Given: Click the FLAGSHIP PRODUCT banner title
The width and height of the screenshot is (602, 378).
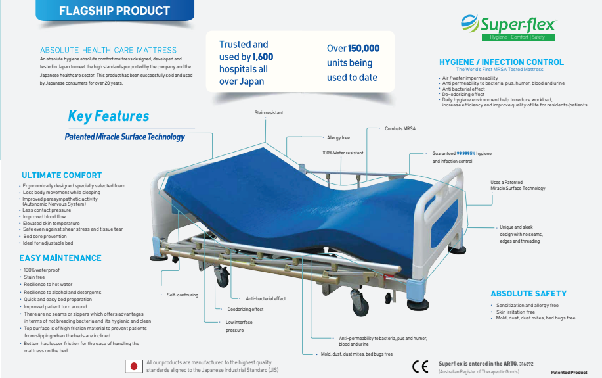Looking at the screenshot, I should pos(114,11).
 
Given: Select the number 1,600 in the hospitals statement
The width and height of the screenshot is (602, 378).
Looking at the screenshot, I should pos(263,57).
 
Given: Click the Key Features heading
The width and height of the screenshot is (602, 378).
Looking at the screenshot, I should pos(108,116).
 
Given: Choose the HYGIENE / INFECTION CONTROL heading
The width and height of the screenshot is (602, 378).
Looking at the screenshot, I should pos(501,62).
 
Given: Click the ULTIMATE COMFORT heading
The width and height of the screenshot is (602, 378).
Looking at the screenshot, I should pos(62,176).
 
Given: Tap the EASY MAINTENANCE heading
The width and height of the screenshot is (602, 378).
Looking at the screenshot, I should pos(60,258).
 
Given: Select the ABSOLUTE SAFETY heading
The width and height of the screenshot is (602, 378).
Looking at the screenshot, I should pos(528,294).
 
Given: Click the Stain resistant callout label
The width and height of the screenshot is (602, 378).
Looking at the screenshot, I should pos(269,113).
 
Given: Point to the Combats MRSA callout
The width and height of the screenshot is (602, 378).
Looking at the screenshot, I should pos(400,128).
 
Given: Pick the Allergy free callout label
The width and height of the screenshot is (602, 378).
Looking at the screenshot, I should pos(338,138).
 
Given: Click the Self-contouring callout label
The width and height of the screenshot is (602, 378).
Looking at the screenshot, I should pos(183,295).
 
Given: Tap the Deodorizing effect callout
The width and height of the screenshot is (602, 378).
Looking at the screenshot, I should pos(246,309).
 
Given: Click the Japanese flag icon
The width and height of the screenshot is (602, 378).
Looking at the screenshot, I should pos(134,366).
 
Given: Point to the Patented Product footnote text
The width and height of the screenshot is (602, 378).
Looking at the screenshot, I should pos(569,373).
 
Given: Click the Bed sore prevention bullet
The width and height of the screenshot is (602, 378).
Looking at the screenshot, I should pos(45,236).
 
